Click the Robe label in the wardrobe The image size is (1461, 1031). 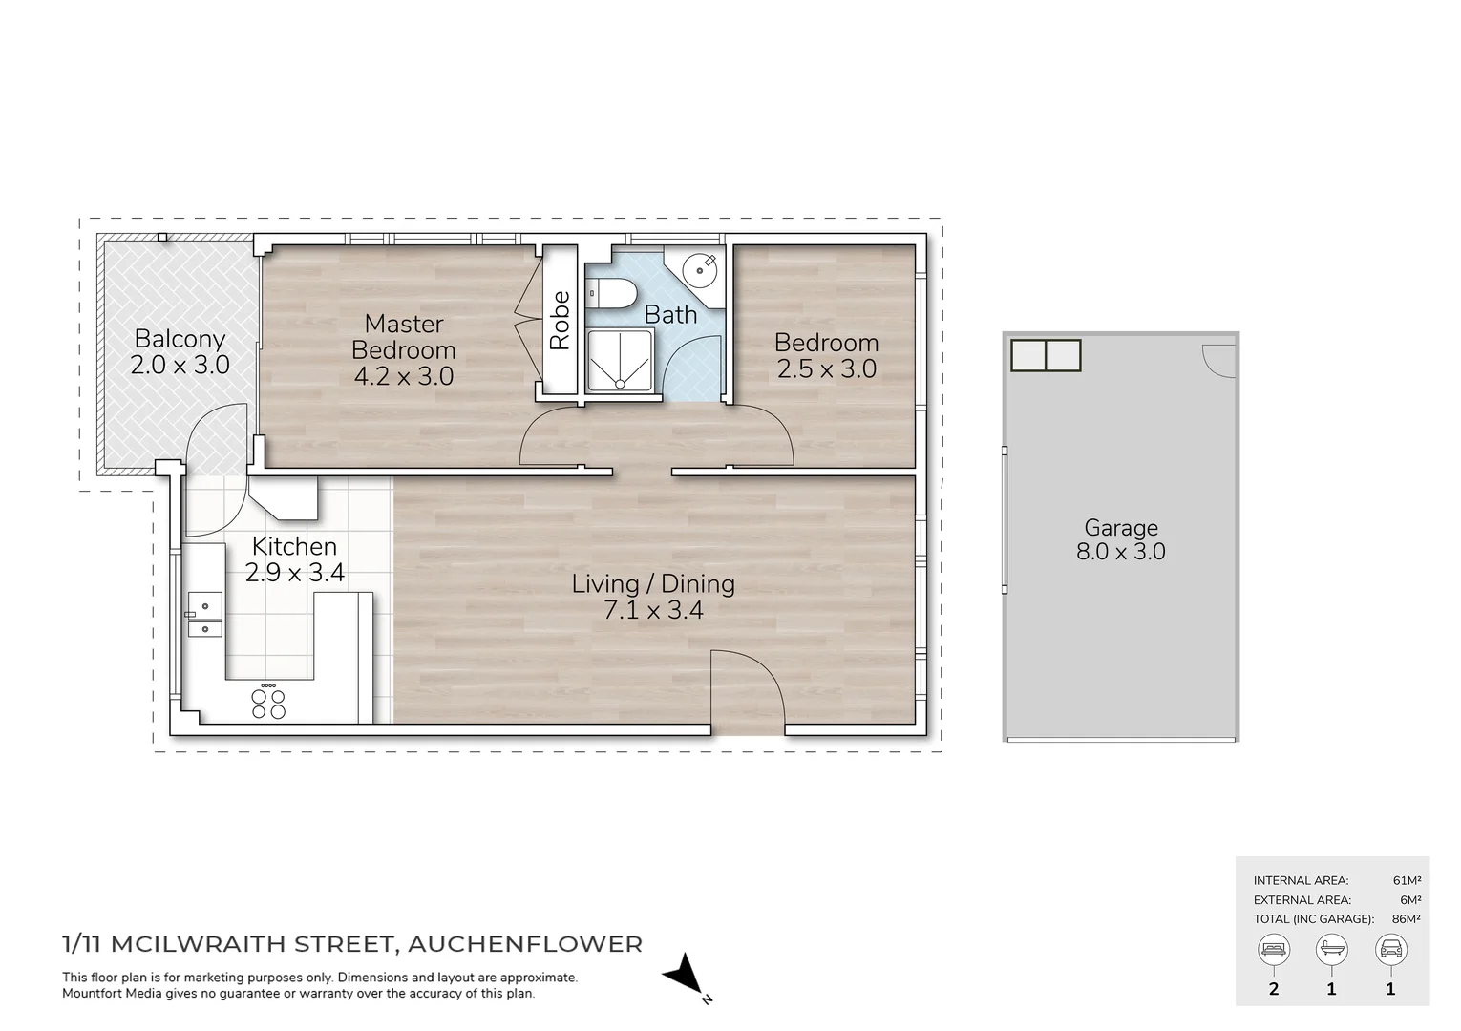point(560,321)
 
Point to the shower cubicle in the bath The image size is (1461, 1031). point(620,361)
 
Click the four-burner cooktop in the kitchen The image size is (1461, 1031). point(268,704)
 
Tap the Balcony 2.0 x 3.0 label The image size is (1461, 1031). point(180,351)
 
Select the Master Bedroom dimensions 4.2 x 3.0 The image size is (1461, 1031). point(404,376)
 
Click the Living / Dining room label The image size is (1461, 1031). point(653,583)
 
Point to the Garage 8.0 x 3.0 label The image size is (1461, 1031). point(1121,539)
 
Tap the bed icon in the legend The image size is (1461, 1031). point(1274,950)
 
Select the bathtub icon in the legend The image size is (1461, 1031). point(1332,950)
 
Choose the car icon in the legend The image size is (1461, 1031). point(1390,950)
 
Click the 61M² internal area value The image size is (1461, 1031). point(1407,881)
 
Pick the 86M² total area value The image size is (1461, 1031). point(1406,919)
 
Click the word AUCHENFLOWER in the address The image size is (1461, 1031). point(524,945)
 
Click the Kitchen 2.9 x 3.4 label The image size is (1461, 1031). point(294,559)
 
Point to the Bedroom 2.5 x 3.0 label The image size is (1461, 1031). point(826,355)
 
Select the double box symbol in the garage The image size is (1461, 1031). point(1046,355)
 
